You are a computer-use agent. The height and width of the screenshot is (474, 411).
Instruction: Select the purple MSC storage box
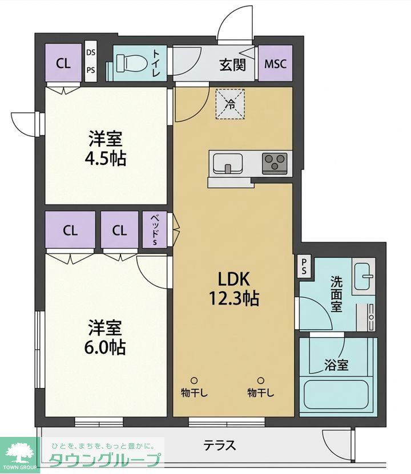tap(275, 64)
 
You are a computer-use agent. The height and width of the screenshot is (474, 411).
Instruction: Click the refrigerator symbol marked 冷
tap(231, 104)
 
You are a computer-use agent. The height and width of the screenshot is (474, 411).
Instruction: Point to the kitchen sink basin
tap(228, 164)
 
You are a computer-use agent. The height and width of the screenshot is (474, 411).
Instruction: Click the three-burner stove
tap(276, 163)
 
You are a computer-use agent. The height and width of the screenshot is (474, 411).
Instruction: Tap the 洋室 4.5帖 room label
tap(107, 148)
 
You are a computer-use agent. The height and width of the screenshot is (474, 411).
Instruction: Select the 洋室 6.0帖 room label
tap(107, 337)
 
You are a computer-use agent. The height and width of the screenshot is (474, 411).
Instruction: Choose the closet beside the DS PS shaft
tap(63, 63)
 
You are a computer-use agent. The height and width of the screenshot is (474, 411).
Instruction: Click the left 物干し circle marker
tap(194, 380)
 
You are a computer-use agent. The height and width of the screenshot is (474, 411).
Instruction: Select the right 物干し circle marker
tap(261, 380)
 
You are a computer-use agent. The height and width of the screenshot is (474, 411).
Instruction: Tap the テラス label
tap(220, 445)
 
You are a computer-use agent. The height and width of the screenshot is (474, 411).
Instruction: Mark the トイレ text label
tap(155, 63)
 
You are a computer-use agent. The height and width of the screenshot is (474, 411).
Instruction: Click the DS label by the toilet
tap(91, 53)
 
